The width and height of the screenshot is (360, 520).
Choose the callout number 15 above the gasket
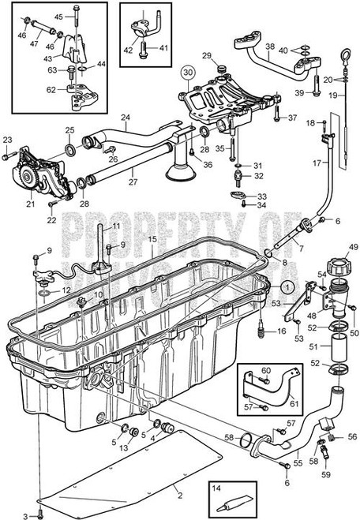(x=152, y=238)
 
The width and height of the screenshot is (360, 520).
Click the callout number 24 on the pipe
(x=125, y=119)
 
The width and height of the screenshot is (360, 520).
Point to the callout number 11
(x=116, y=226)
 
